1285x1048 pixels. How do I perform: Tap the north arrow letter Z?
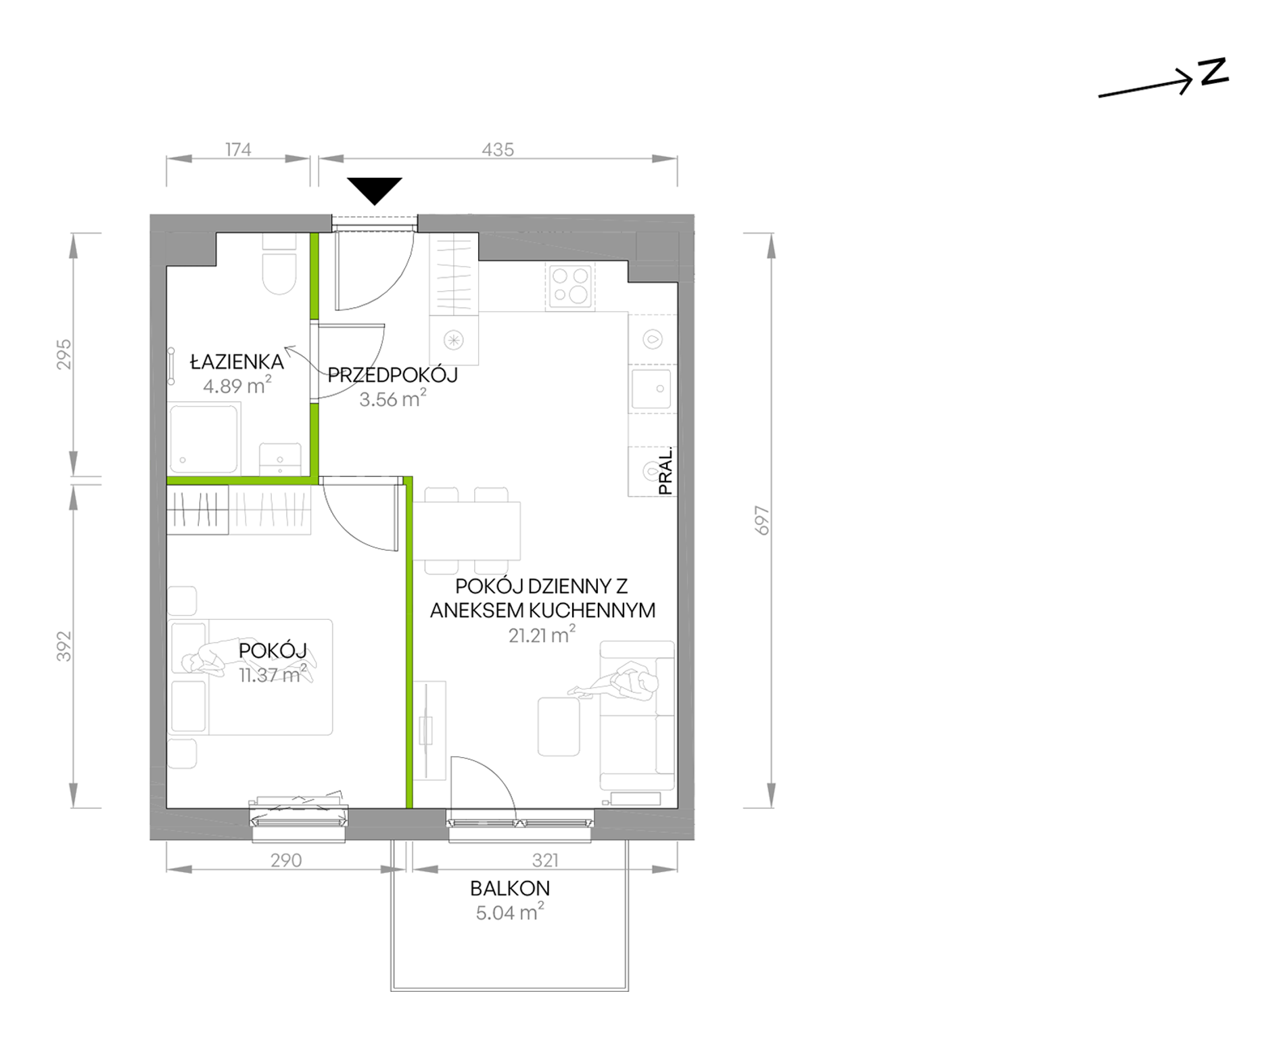[1214, 73]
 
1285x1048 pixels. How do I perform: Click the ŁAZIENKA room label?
[237, 362]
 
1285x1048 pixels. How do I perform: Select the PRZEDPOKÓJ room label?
[392, 375]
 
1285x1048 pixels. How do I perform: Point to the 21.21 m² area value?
[542, 635]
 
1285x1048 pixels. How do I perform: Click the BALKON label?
[510, 888]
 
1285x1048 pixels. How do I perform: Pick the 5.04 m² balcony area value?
[510, 913]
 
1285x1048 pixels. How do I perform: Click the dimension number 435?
[498, 150]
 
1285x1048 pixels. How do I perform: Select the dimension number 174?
[238, 150]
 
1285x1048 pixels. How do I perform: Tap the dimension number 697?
[762, 520]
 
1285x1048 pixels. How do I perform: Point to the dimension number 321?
[545, 861]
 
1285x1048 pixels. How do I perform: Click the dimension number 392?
[64, 646]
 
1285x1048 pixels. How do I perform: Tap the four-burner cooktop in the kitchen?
[571, 286]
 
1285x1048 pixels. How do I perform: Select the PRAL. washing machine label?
[665, 471]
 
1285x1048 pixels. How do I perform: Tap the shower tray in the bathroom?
[204, 439]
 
